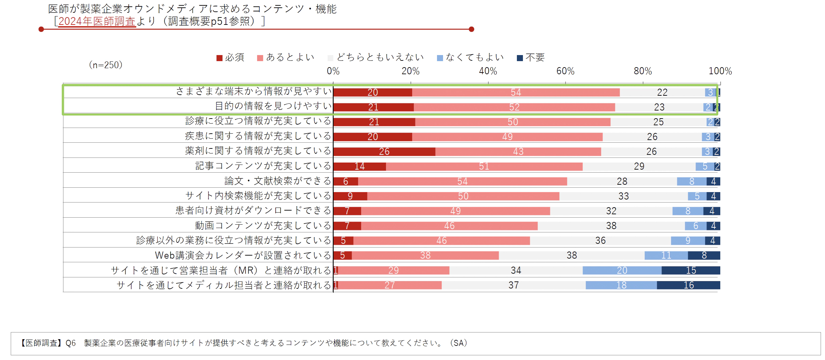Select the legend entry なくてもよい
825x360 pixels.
(470, 58)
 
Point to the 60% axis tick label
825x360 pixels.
(565, 71)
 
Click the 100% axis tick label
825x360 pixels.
(720, 71)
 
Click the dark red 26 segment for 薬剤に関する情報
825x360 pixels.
(384, 151)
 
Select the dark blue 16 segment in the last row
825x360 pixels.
(688, 285)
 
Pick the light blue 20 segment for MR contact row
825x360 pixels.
(622, 270)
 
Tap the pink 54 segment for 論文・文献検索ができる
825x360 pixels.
(462, 181)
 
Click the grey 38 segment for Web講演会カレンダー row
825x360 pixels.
(572, 255)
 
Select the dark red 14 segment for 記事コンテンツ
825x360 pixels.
(359, 166)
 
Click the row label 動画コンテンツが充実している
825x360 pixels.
(263, 226)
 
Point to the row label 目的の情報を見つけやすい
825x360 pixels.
(273, 106)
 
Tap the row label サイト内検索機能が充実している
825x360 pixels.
(258, 196)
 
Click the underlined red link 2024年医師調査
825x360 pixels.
(97, 21)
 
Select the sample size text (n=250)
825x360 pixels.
(105, 65)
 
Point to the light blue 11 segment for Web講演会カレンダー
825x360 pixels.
(666, 255)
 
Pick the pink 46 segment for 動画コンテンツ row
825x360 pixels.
(449, 226)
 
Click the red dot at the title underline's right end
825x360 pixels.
(471, 29)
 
